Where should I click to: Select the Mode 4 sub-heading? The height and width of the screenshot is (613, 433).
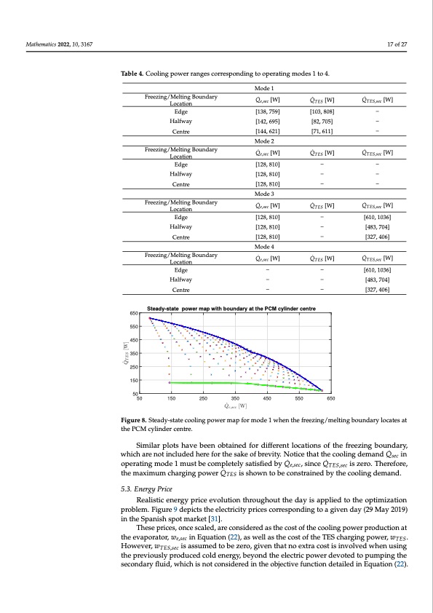pos(263,247)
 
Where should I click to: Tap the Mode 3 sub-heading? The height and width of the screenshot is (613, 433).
pos(263,194)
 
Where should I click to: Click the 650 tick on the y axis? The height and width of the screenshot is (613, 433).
pos(134,312)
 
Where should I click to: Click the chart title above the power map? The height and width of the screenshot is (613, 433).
pos(231,309)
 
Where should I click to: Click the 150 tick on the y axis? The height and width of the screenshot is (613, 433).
pos(134,380)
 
